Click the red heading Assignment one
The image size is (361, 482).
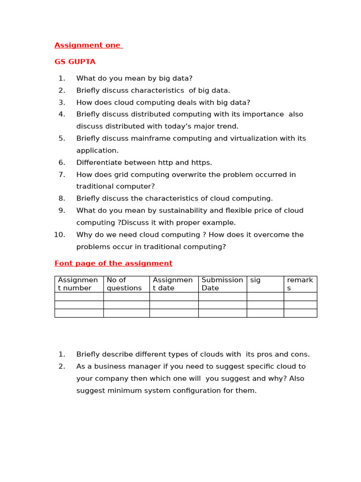(x=88, y=45)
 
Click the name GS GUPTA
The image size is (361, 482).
(x=75, y=62)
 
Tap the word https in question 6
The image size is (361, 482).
(x=201, y=162)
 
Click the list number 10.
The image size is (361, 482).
(x=59, y=234)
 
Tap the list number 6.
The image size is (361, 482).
(x=62, y=162)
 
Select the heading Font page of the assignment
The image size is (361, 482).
(x=113, y=263)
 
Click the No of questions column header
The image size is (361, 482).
(x=124, y=284)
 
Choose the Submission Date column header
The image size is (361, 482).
(x=222, y=284)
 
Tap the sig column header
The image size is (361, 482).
(x=255, y=280)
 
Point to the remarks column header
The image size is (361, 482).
(x=300, y=284)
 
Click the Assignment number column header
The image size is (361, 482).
(x=78, y=284)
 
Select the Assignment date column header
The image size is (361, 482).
(x=173, y=284)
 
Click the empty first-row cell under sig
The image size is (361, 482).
(x=265, y=297)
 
